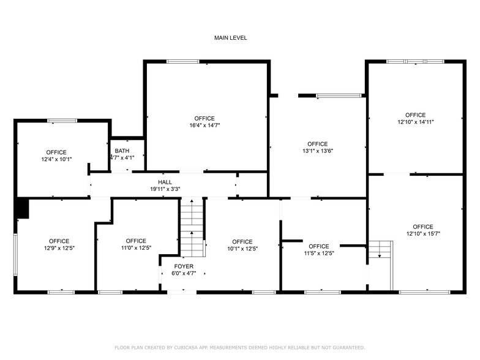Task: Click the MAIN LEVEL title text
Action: [x=230, y=38]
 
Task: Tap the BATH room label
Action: [x=122, y=151]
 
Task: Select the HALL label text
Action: [x=165, y=182]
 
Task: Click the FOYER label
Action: [x=183, y=266]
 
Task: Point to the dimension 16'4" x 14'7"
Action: [x=204, y=126]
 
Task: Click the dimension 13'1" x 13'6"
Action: [x=317, y=151]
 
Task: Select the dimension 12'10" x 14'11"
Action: [x=415, y=122]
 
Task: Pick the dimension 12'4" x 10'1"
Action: [x=56, y=159]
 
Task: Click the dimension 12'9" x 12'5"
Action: [x=59, y=248]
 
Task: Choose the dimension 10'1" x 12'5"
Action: [x=242, y=249]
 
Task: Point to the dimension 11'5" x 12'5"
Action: [x=318, y=253]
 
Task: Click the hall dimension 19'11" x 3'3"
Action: [x=165, y=189]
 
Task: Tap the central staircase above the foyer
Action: [x=191, y=228]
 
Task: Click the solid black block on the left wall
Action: [x=21, y=208]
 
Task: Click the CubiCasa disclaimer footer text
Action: [x=239, y=347]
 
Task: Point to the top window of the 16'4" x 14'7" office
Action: [x=183, y=61]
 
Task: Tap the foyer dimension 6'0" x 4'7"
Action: [x=183, y=274]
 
